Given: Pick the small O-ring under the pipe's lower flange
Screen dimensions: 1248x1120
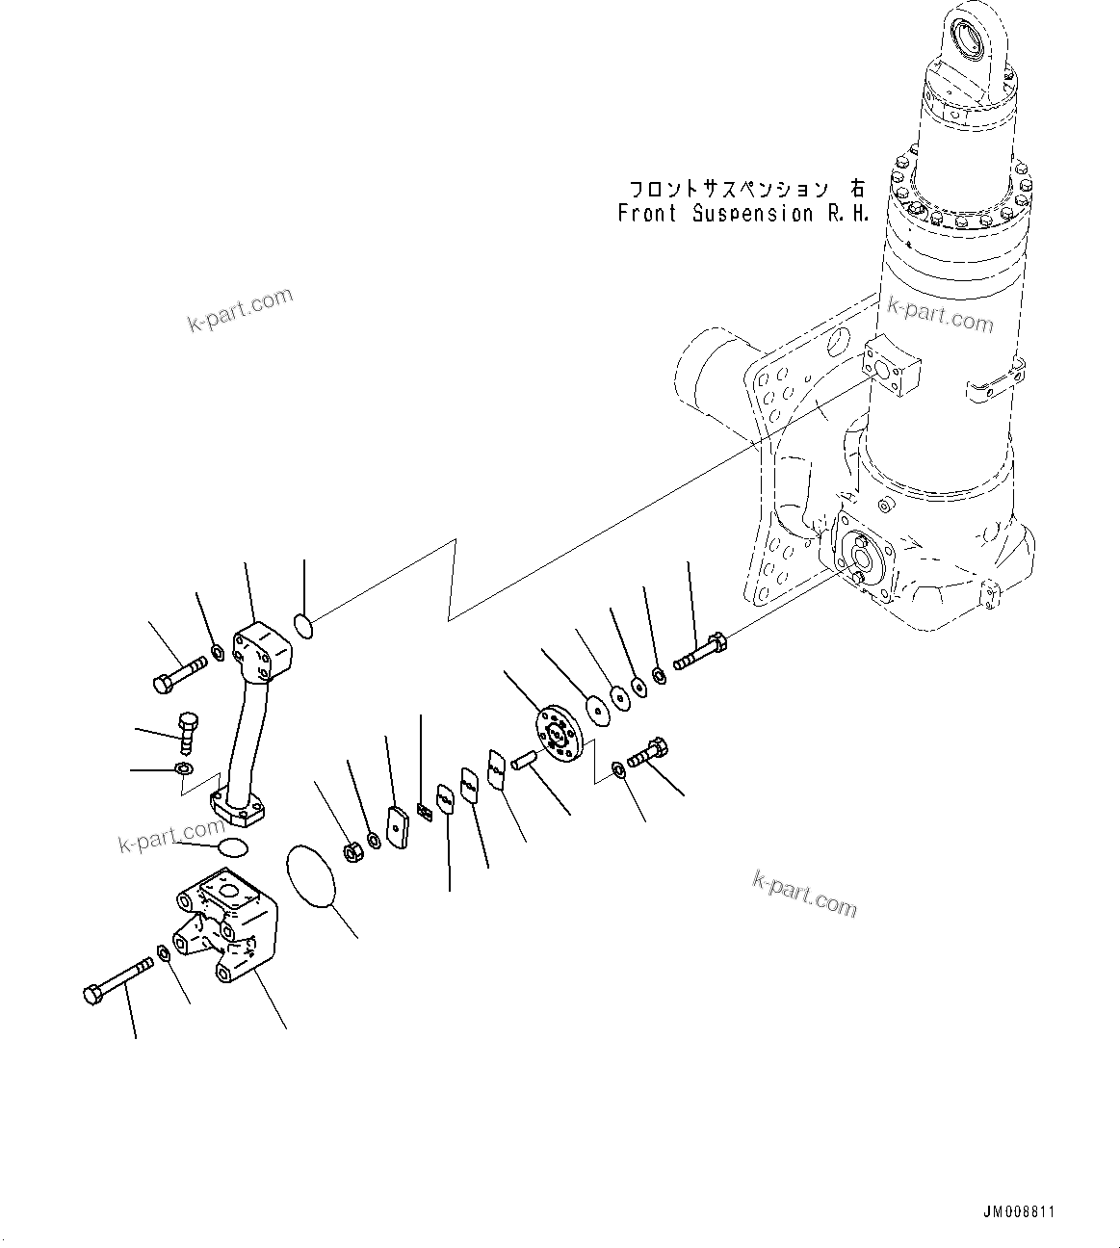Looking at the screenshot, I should [232, 847].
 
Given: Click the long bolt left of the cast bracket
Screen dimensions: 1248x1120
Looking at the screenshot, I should [119, 979].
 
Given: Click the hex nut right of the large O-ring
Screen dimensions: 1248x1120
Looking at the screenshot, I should [353, 851].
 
